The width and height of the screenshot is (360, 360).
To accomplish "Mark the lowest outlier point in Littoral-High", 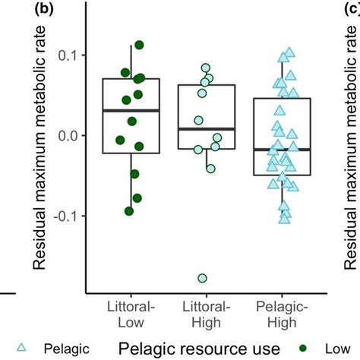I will (203, 278).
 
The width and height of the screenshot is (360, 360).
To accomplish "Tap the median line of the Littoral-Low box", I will (131, 111).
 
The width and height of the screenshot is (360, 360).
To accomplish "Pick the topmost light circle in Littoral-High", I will (205, 68).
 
